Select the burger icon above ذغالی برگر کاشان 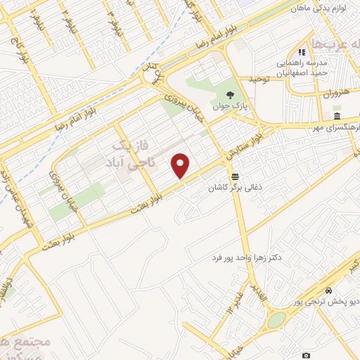coord(234,176)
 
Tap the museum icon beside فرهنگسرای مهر coord(337,117)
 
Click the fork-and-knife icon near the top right coord(302,52)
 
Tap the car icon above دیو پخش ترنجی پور coord(329,291)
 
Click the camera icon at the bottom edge coord(305,356)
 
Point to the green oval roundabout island coord(277,320)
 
